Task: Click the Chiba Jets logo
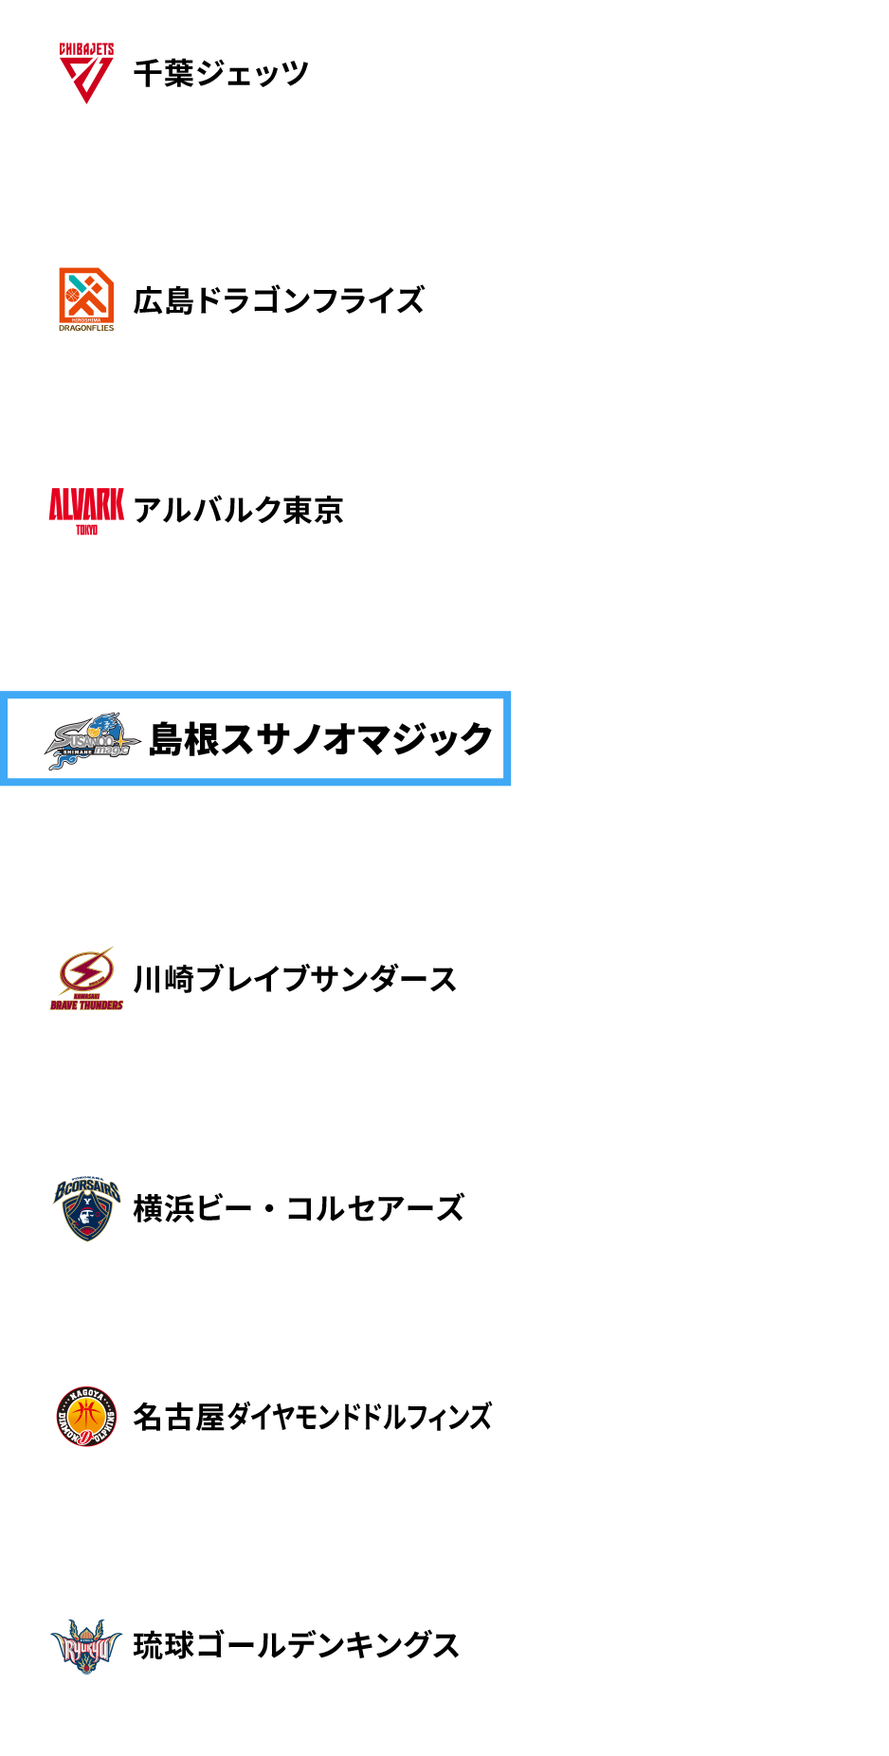point(86,73)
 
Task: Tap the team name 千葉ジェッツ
point(221,73)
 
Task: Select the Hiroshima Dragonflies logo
point(86,299)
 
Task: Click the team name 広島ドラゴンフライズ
point(279,300)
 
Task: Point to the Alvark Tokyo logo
point(86,510)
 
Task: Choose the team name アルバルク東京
point(238,510)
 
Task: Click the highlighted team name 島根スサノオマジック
point(320,738)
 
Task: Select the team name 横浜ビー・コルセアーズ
point(299,1207)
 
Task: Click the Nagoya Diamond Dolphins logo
point(86,1417)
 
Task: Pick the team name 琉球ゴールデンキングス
point(297,1645)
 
